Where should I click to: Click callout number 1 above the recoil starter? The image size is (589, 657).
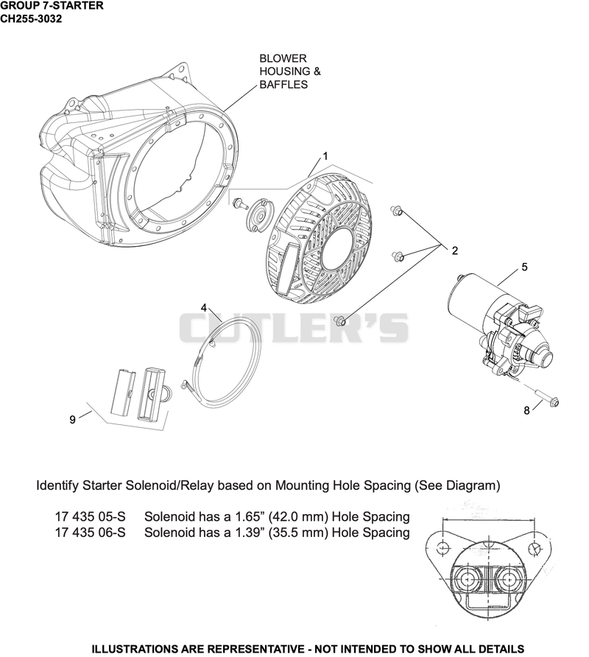coord(325,156)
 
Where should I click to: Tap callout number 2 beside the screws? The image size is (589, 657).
coord(454,250)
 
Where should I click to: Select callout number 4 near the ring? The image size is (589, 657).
coord(204,308)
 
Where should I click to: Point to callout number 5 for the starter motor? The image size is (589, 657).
coord(524,267)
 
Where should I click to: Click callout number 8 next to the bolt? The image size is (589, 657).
coord(526,411)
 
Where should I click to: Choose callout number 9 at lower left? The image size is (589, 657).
coord(72,419)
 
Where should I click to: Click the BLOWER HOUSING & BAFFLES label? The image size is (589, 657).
coord(290,71)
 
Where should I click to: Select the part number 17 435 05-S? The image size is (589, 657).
coord(90,516)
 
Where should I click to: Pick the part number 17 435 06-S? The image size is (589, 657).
coord(90,533)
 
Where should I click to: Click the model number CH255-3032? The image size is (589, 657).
coord(31,19)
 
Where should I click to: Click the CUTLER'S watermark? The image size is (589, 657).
coord(294,327)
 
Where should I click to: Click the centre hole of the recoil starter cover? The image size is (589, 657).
coord(336,248)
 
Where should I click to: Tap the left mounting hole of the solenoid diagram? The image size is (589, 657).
coord(443,547)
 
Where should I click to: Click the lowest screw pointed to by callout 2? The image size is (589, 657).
coord(339,321)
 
